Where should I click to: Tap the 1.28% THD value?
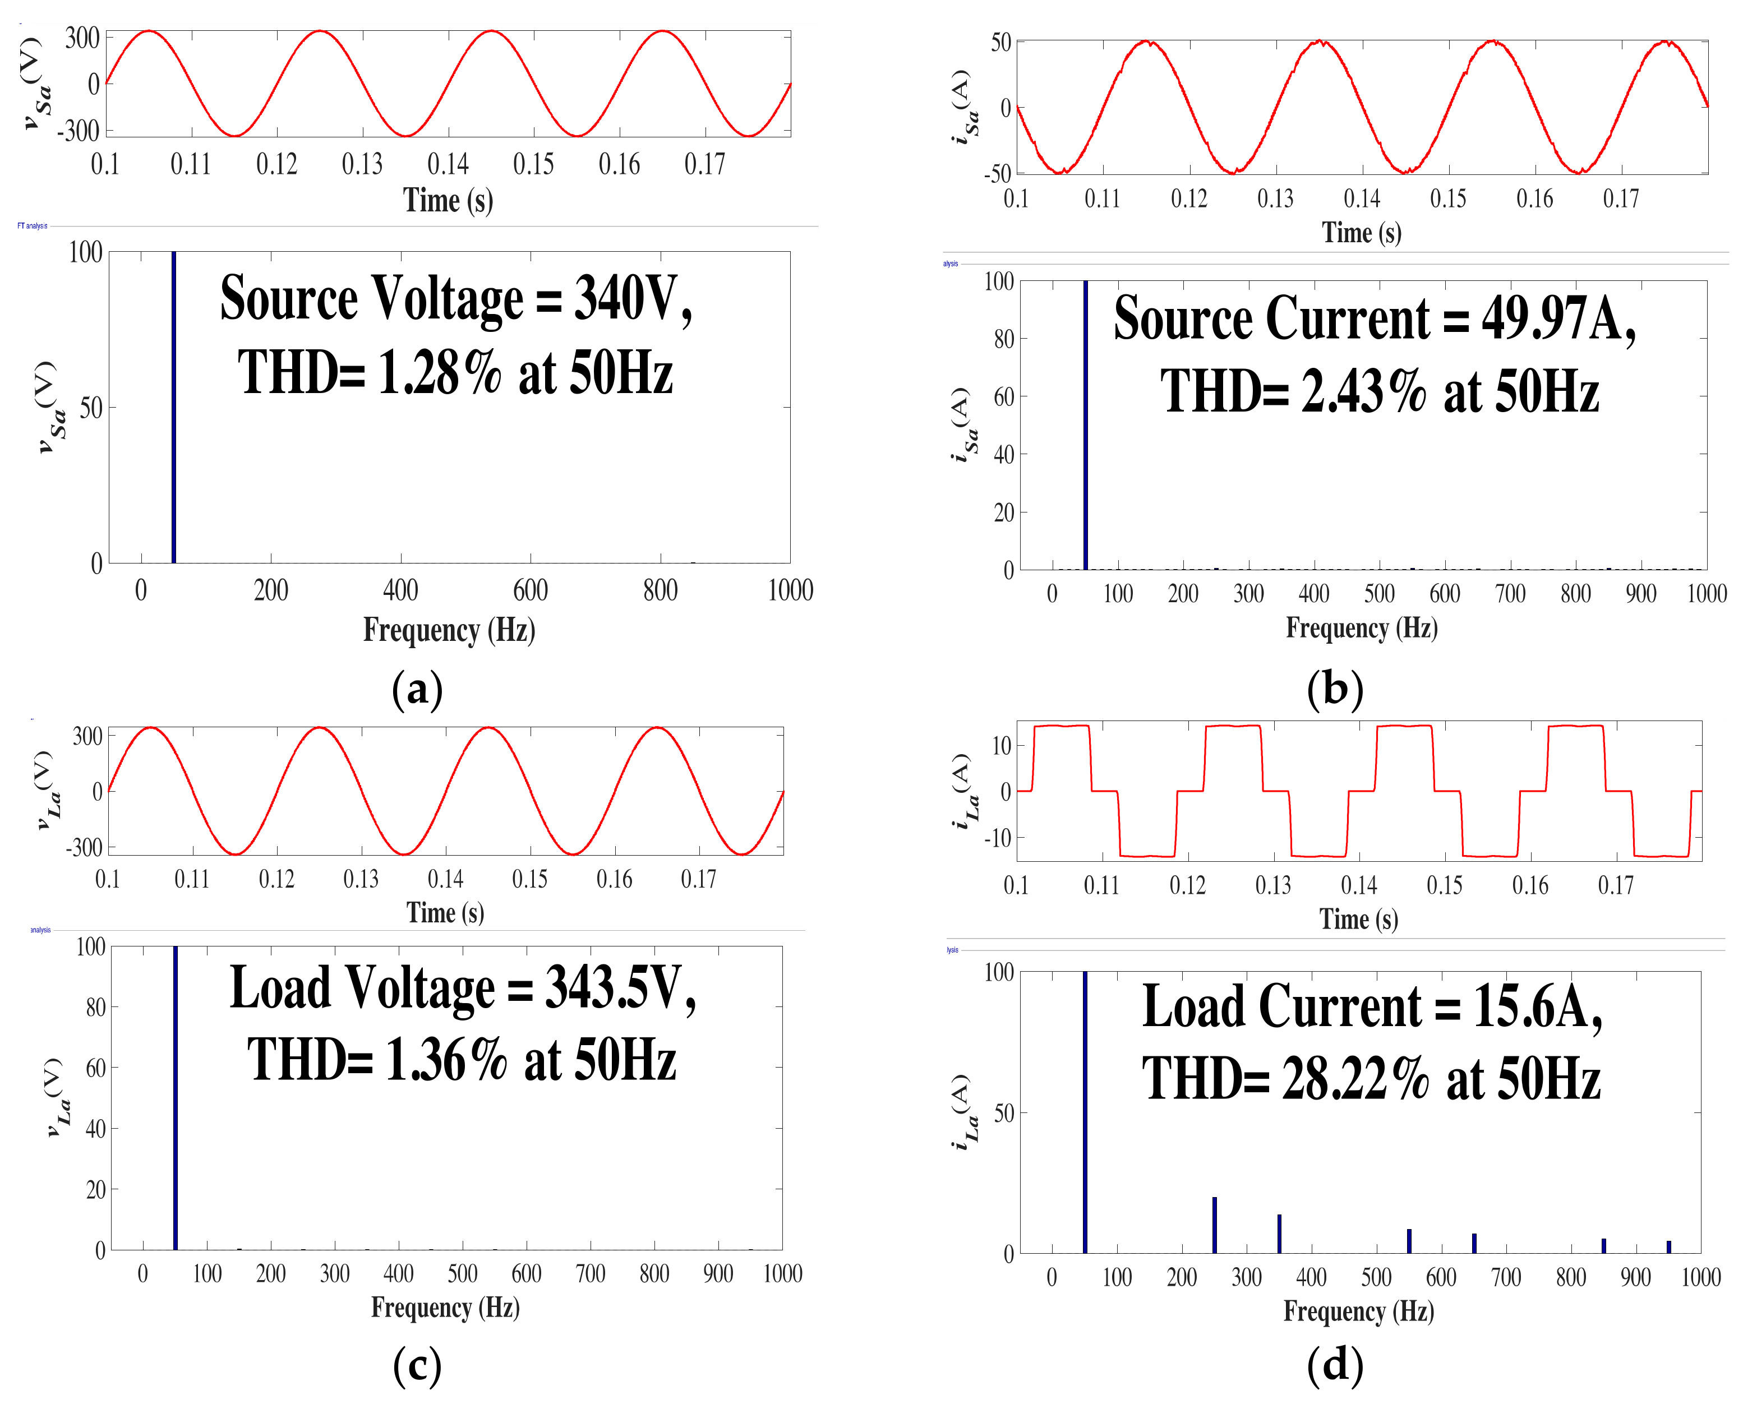(439, 373)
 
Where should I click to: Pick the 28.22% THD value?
(1355, 1080)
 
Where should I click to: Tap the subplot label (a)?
(417, 689)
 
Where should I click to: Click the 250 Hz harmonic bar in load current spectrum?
(1215, 1225)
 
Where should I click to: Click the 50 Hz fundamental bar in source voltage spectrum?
(174, 408)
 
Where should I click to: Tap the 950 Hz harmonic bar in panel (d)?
(1668, 1247)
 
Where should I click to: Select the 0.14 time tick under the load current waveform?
(1359, 885)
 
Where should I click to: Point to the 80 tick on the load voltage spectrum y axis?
(95, 1008)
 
